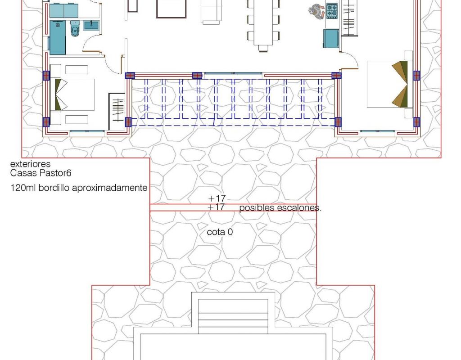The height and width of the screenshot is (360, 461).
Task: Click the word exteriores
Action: [x=30, y=164]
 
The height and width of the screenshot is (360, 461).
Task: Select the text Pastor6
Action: [x=55, y=173]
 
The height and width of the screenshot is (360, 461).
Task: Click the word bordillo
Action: [x=54, y=188]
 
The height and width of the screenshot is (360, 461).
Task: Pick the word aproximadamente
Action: [x=110, y=188]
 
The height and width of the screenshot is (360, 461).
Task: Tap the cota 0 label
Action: [x=220, y=232]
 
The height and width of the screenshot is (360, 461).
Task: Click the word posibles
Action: [x=257, y=208]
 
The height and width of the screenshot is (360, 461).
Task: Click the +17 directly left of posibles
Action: [x=216, y=207]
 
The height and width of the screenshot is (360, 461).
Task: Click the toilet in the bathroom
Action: [x=75, y=28]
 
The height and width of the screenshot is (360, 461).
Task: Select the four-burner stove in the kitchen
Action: [x=332, y=11]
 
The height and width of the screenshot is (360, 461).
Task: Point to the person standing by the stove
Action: [x=316, y=11]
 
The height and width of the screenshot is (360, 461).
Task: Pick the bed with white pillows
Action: [x=72, y=94]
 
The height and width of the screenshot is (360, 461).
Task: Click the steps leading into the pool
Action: [x=233, y=316]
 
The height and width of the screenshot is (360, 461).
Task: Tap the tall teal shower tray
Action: [x=58, y=38]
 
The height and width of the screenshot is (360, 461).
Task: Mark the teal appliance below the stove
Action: [x=331, y=38]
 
